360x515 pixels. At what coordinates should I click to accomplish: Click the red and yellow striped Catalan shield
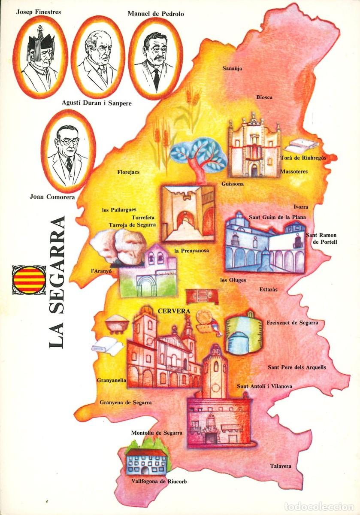[29, 279]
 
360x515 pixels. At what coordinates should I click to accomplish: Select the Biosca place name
[264, 97]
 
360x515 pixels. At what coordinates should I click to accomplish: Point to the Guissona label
[233, 184]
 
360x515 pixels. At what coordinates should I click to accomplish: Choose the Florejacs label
[128, 172]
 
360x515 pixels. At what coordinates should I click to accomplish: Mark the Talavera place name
[281, 466]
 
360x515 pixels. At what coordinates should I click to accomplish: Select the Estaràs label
[268, 290]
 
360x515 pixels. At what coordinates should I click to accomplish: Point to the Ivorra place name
[301, 207]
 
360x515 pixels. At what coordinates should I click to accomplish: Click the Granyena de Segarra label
[125, 403]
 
